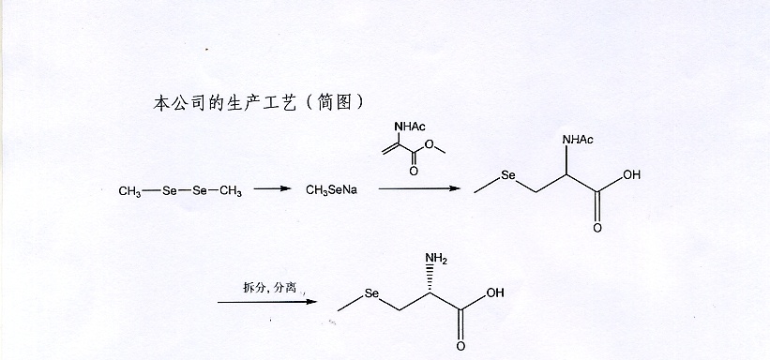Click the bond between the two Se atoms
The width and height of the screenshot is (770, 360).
click(x=183, y=191)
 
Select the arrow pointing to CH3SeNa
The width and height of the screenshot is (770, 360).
click(x=272, y=190)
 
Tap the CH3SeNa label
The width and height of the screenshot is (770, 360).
click(x=329, y=191)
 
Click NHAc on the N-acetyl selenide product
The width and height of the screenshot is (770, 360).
click(x=577, y=141)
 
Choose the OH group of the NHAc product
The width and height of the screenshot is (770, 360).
click(x=632, y=175)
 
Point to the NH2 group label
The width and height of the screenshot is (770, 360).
click(x=437, y=258)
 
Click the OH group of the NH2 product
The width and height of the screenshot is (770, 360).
click(x=494, y=293)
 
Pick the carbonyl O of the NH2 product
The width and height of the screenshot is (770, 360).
click(x=461, y=346)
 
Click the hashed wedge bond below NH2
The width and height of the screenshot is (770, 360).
click(x=435, y=278)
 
